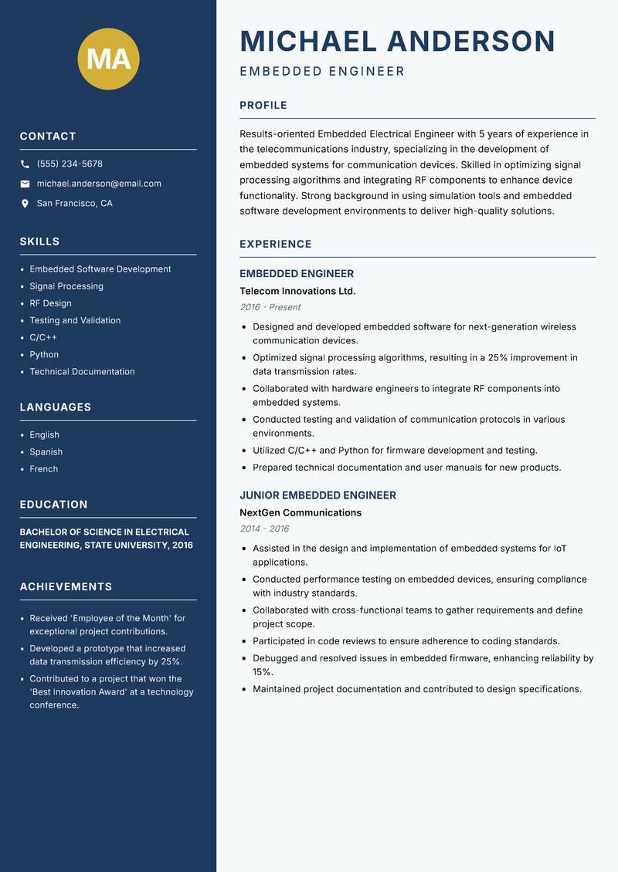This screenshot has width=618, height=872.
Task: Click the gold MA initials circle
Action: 109,59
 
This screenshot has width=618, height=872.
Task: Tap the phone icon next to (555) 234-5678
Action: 25,164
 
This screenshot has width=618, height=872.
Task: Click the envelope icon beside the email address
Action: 25,184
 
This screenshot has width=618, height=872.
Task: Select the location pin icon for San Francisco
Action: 25,204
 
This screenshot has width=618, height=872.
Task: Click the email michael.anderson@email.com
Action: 99,184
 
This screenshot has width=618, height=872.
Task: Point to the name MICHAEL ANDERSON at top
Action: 397,41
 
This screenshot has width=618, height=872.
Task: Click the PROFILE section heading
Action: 263,106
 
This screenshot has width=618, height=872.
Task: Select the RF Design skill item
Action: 50,303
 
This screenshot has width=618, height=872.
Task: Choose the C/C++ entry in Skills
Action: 43,337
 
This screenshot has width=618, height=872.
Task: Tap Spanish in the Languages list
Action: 46,452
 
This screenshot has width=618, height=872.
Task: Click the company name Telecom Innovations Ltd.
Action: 297,291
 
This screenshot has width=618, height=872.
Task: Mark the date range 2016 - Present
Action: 270,307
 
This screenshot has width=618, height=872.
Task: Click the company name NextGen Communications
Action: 300,512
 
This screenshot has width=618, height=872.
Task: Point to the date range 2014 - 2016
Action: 264,529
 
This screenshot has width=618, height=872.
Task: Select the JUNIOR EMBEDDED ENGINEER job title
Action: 317,495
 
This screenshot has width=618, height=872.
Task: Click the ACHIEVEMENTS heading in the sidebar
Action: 66,586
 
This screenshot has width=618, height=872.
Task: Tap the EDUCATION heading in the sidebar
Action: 53,505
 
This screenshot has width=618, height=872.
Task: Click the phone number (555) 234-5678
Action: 70,164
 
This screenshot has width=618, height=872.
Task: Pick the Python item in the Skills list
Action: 44,354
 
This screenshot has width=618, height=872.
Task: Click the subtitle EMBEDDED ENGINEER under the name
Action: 322,72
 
